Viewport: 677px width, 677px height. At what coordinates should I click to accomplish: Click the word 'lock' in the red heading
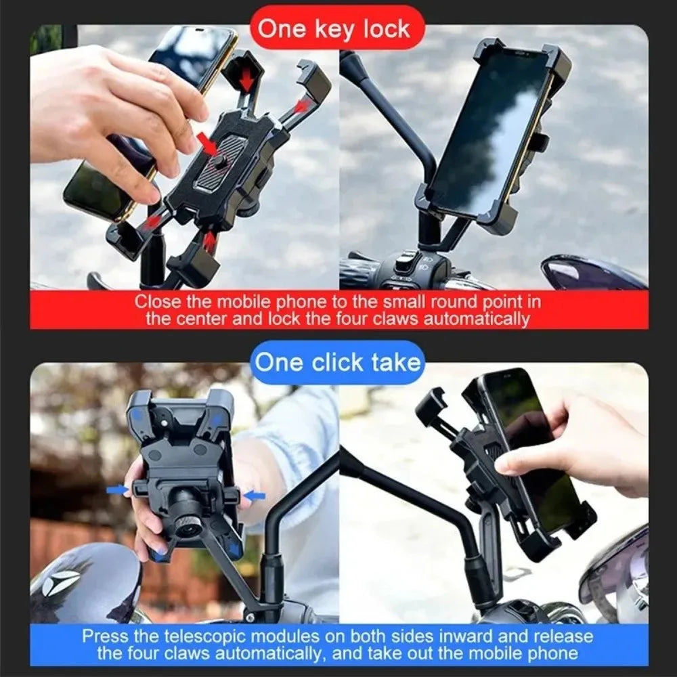[386, 28]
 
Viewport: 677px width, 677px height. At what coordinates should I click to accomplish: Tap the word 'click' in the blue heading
[337, 362]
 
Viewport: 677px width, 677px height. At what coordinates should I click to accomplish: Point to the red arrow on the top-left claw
[246, 79]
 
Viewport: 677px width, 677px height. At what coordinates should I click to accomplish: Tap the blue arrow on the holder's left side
[116, 489]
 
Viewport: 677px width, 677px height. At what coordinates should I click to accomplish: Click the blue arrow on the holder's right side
[255, 496]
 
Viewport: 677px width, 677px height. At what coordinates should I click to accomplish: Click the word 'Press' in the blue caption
[102, 636]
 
